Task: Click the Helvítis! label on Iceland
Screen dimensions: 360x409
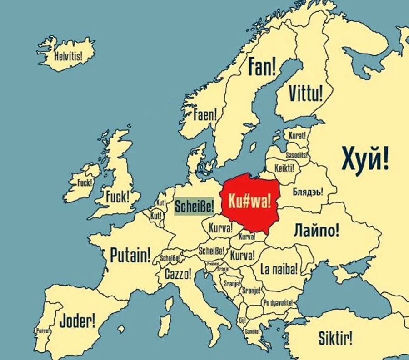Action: [x=68, y=57]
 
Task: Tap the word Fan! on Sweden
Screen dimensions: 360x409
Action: [x=262, y=67]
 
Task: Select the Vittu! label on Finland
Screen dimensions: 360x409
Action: [x=306, y=94]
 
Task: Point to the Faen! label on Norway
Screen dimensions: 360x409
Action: [x=205, y=115]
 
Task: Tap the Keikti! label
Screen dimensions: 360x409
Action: [x=284, y=168]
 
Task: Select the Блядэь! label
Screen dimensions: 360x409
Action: [x=308, y=192]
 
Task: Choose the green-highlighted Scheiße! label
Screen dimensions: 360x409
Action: [x=195, y=207]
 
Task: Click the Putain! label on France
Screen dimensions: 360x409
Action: [x=130, y=255]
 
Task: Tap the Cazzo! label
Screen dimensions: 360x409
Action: [x=178, y=274]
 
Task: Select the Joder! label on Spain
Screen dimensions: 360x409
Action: [x=78, y=321]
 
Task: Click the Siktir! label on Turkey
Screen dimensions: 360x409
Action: [x=335, y=338]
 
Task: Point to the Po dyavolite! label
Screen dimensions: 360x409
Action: [x=278, y=302]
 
